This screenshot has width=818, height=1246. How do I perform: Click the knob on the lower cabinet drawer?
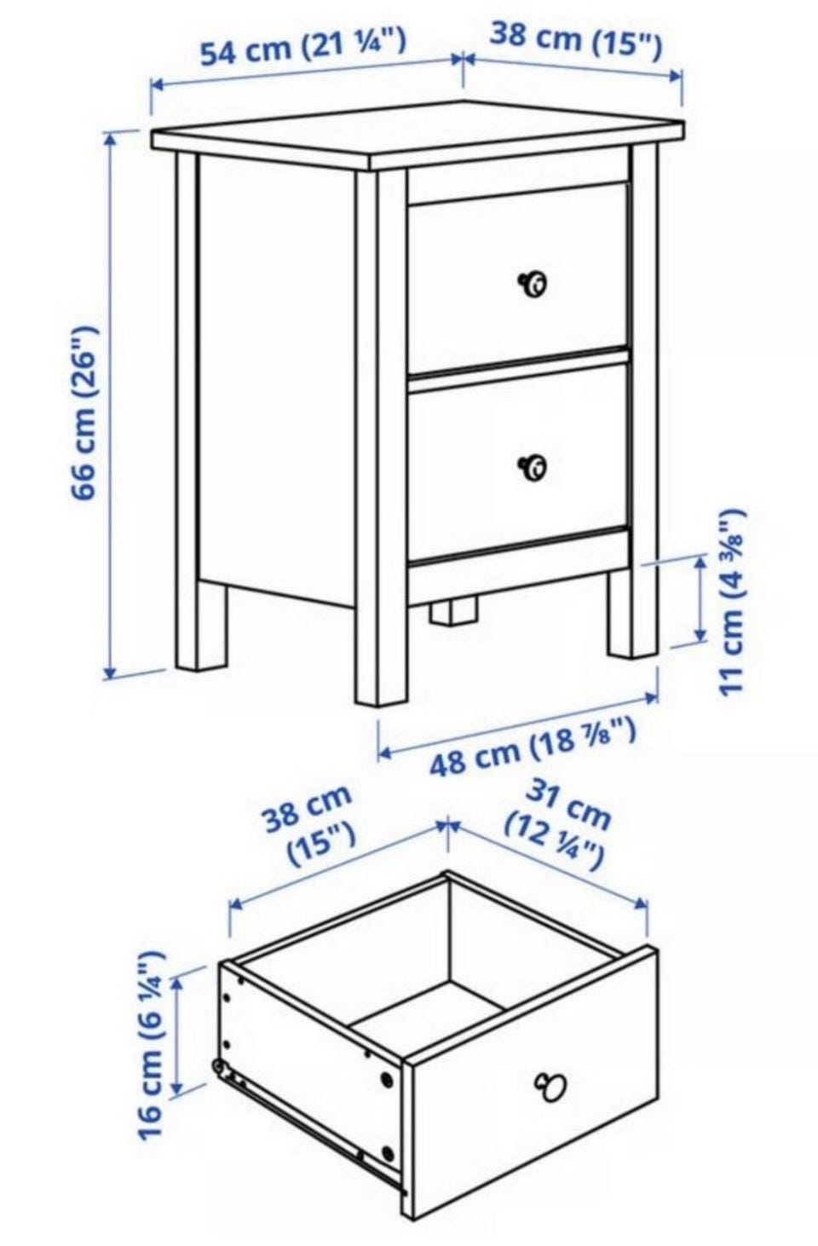pyautogui.click(x=533, y=466)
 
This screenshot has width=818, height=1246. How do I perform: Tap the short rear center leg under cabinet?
pyautogui.click(x=453, y=611)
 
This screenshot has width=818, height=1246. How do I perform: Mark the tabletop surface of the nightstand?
pyautogui.click(x=418, y=136)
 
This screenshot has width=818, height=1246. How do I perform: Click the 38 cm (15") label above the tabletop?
pyautogui.click(x=575, y=41)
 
